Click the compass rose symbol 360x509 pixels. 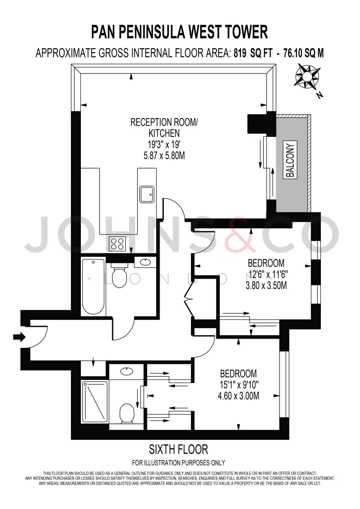pyautogui.click(x=306, y=77)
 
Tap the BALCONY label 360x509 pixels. pyautogui.click(x=290, y=160)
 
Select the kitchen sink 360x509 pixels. pyautogui.click(x=147, y=194)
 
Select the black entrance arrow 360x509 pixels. pyautogui.click(x=19, y=337)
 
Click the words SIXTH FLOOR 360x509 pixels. pyautogui.click(x=178, y=449)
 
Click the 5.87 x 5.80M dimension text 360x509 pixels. pyautogui.click(x=164, y=156)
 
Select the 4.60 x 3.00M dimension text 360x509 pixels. pyautogui.click(x=239, y=396)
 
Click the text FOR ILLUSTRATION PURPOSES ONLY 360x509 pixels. pyautogui.click(x=178, y=462)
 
